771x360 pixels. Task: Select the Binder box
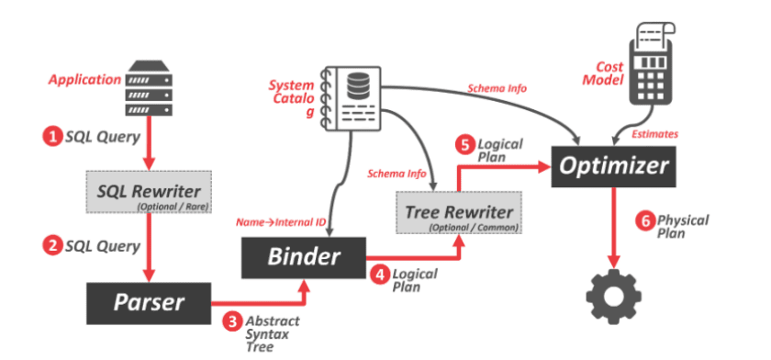tap(304, 257)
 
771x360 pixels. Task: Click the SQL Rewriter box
tap(148, 191)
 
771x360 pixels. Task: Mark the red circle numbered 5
tap(465, 145)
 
